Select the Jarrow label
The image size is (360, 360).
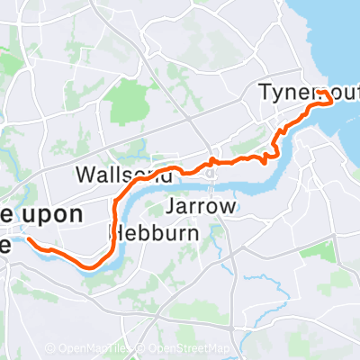point(202,208)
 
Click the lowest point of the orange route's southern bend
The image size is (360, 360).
point(90,266)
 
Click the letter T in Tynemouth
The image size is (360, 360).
point(265,93)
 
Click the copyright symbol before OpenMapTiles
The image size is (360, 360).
point(50,349)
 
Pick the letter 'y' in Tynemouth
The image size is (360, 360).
point(276,94)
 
